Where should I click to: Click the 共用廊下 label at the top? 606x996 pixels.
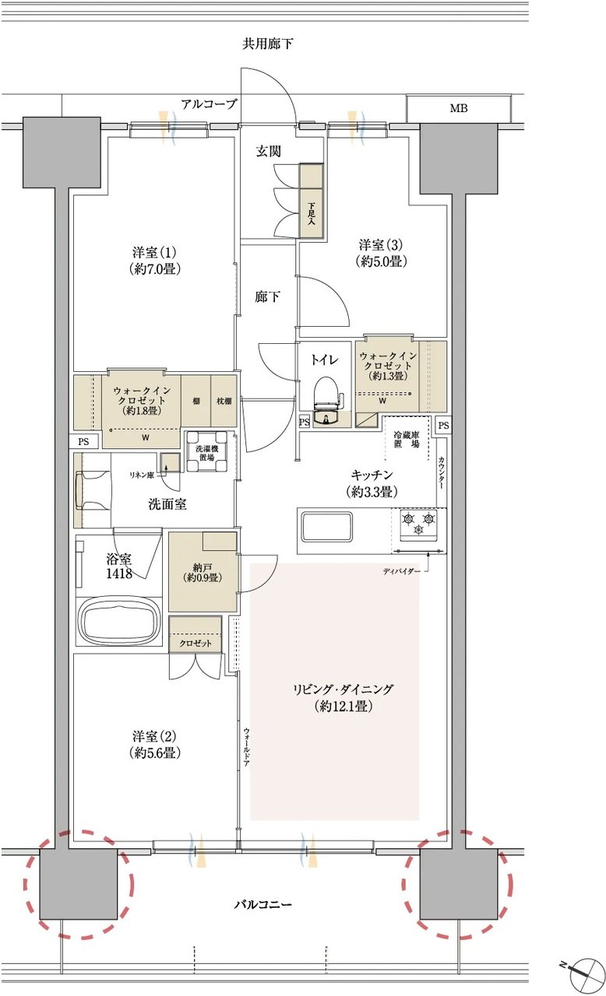[267, 44]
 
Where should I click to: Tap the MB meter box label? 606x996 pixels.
[458, 108]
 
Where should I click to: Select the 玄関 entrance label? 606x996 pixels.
[268, 152]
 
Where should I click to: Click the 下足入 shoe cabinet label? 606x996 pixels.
[311, 213]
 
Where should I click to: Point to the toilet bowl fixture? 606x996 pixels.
[327, 399]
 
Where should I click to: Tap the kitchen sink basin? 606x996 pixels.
[326, 527]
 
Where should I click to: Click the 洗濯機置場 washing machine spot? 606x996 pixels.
[207, 452]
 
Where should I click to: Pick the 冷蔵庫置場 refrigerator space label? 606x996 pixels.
[407, 440]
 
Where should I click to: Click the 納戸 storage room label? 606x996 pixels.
[203, 573]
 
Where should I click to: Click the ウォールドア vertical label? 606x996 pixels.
[246, 747]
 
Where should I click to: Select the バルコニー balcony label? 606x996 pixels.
[263, 904]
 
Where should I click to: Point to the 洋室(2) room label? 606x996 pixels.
[155, 745]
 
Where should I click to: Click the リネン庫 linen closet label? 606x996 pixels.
[141, 475]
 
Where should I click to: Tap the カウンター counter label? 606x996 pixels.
[441, 473]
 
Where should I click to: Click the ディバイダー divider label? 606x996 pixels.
[400, 571]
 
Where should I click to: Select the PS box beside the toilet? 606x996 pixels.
[305, 422]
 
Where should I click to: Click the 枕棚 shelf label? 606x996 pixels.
[224, 401]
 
